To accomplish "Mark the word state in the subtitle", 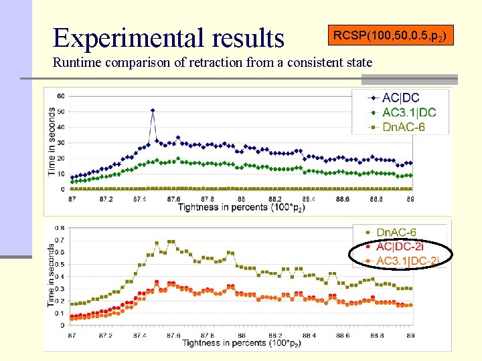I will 359,64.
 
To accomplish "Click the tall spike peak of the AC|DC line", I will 153,110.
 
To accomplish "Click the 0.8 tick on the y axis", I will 60,228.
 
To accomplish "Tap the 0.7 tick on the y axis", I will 60,240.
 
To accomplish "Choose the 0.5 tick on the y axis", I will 60,265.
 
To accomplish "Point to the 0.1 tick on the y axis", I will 60,314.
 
